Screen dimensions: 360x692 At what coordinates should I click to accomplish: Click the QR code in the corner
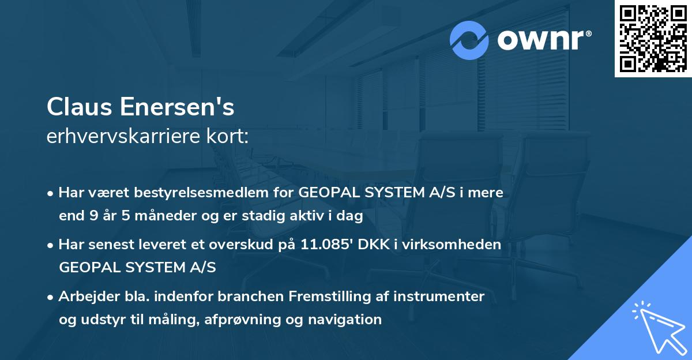click(x=653, y=39)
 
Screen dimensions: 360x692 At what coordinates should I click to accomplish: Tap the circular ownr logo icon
click(x=469, y=40)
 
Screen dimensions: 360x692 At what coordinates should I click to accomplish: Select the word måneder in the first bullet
click(x=156, y=216)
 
